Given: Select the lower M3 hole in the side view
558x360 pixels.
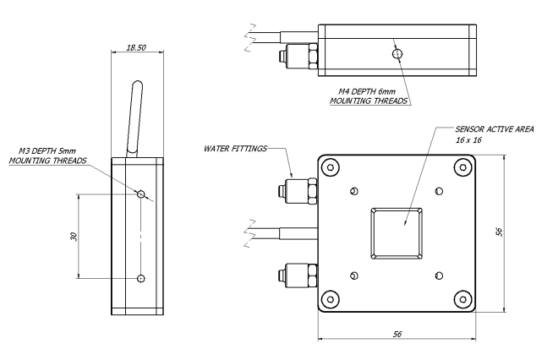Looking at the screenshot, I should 141,278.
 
